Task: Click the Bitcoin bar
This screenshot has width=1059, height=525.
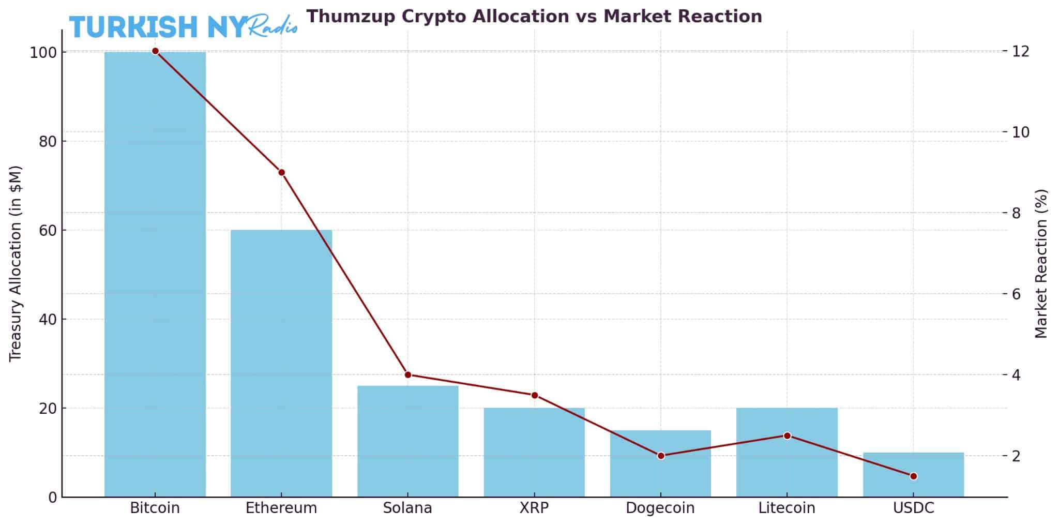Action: coord(155,274)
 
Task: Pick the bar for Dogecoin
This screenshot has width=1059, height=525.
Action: coord(660,463)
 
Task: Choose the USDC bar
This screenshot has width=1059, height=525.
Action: coord(913,475)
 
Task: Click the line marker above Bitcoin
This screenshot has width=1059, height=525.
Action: coord(155,51)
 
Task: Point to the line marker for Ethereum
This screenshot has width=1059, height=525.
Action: coord(281,172)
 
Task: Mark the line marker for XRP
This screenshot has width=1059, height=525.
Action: coord(535,395)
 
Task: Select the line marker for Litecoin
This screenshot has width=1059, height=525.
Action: coord(787,436)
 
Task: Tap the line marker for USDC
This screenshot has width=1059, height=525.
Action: coord(913,476)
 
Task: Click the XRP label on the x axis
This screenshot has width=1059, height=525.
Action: coord(534,508)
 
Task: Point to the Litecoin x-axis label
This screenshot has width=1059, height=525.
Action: coord(786,508)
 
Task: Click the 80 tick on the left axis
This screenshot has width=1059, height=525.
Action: coord(48,141)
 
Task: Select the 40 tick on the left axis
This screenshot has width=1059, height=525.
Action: coord(48,319)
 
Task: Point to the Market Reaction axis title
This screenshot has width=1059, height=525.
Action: coord(1041,264)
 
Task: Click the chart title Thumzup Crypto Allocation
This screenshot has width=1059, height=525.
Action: coord(534,17)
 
